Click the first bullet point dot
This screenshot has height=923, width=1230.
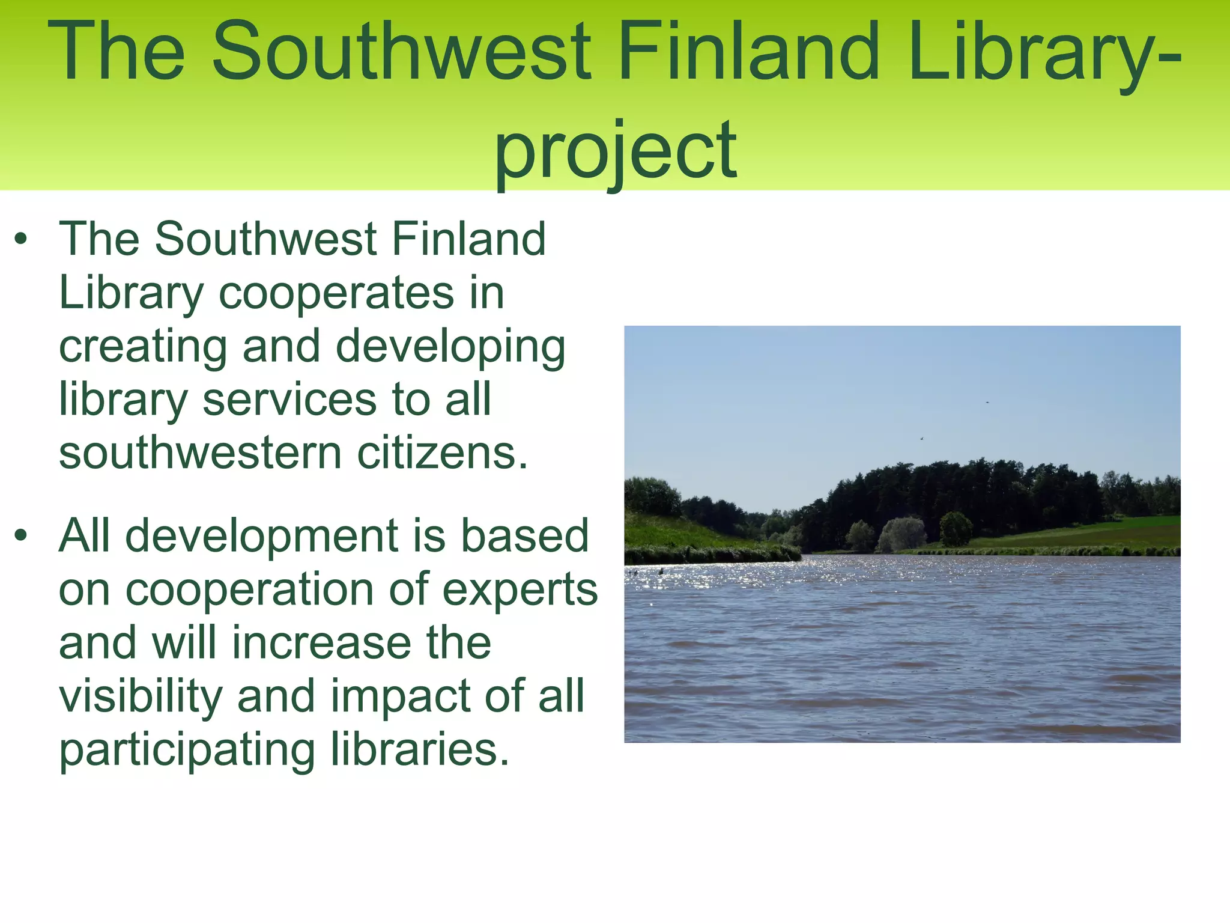coord(22,240)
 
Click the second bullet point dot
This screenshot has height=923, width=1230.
coord(22,535)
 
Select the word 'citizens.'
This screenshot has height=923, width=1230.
coord(443,453)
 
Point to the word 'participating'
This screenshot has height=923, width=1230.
coord(187,751)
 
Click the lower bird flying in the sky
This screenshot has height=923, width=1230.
coord(921,439)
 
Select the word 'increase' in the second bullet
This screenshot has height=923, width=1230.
coord(321,643)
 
